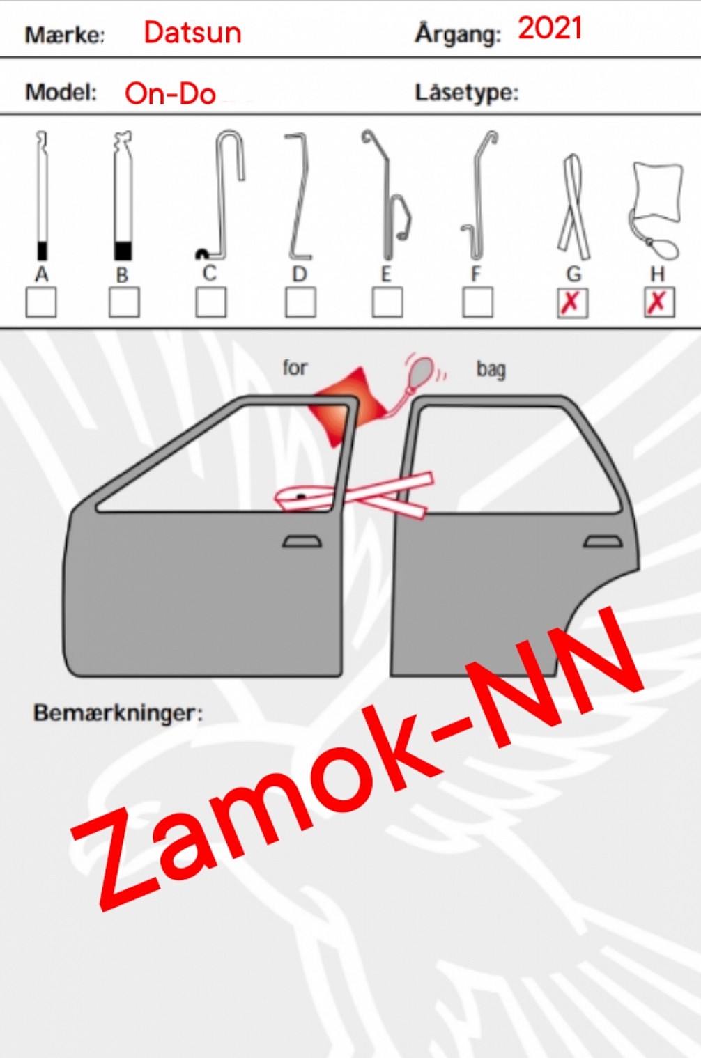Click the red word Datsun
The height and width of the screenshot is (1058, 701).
point(193,33)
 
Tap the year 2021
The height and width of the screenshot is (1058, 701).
point(549,29)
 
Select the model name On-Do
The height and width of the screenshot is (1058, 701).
point(171,93)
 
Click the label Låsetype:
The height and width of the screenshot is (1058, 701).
point(467,93)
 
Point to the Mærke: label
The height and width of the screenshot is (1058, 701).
point(65,36)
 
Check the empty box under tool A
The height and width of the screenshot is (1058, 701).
point(41,302)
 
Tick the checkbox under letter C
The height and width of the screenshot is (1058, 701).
point(211,302)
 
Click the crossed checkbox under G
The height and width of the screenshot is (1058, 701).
point(573,302)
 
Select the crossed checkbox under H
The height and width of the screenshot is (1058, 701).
point(659,302)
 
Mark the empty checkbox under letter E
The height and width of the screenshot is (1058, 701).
point(387,302)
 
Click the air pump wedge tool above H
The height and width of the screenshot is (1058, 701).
point(656,208)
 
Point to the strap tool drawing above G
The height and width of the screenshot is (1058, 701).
point(574,206)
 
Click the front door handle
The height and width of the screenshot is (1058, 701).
point(302,542)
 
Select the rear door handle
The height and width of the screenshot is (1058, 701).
point(603,542)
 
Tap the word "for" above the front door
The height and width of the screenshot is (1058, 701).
point(295,368)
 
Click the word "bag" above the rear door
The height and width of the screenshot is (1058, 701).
point(491,369)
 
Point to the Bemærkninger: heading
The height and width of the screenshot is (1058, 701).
point(118,713)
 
